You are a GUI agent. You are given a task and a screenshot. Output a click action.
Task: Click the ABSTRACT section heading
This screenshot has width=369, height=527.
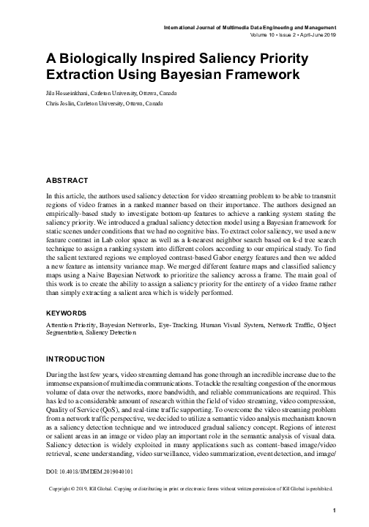(67, 180)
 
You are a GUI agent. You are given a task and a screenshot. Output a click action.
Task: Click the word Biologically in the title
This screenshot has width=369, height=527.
(108, 59)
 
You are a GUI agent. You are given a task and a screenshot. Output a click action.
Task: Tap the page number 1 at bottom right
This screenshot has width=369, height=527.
(333, 509)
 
